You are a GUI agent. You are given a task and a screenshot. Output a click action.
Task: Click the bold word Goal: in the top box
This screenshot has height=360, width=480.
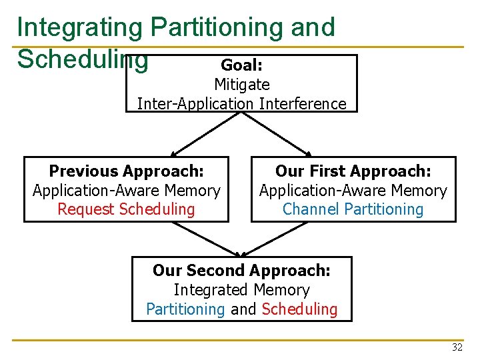pyautogui.click(x=241, y=65)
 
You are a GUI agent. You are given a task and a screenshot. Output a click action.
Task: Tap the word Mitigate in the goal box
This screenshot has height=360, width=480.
pyautogui.click(x=241, y=85)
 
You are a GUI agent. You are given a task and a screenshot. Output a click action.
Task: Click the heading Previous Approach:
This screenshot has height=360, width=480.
pyautogui.click(x=126, y=171)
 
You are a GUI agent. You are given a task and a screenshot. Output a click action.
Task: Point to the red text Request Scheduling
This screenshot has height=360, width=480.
pyautogui.click(x=126, y=209)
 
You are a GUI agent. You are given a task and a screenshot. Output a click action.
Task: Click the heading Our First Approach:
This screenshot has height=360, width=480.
pyautogui.click(x=353, y=171)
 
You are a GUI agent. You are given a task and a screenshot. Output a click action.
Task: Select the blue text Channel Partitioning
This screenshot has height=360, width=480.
pyautogui.click(x=353, y=209)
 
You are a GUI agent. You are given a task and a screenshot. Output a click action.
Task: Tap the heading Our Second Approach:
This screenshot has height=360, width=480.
pyautogui.click(x=241, y=271)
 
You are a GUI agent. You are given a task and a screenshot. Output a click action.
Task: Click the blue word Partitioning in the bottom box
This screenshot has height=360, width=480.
pyautogui.click(x=185, y=309)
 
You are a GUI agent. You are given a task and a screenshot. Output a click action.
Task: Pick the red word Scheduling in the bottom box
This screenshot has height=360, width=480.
pyautogui.click(x=299, y=309)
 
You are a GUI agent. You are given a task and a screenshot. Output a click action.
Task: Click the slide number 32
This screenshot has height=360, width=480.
pyautogui.click(x=457, y=347)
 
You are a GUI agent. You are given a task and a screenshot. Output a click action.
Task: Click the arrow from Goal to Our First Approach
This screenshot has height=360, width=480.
pyautogui.click(x=281, y=133)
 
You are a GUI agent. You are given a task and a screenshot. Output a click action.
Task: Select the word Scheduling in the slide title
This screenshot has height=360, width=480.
pyautogui.click(x=82, y=59)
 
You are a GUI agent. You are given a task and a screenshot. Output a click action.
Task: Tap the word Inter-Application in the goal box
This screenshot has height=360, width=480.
pyautogui.click(x=195, y=104)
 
